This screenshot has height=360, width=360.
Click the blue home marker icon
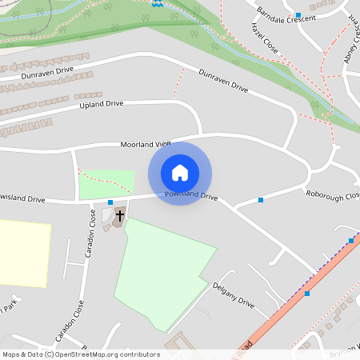(180, 173)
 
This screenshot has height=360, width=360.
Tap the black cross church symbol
(120, 215)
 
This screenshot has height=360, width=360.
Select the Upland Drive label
(102, 104)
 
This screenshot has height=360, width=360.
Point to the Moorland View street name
(146, 144)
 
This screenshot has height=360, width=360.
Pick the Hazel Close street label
(264, 38)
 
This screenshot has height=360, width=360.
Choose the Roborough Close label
(332, 194)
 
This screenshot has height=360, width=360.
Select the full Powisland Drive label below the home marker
(191, 195)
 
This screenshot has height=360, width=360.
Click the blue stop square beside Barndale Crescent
(298, 15)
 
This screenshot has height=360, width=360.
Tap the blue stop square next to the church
(110, 202)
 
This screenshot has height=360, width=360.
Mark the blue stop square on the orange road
(307, 294)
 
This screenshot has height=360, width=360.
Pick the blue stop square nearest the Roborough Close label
(260, 200)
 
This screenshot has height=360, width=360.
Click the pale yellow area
(24, 253)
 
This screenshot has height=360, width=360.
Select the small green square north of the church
(106, 185)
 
